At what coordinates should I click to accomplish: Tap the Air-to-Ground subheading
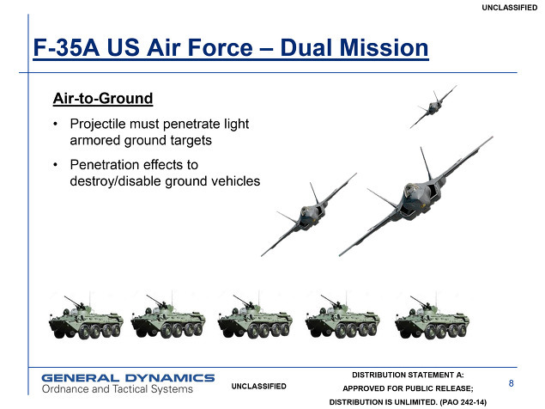(103, 99)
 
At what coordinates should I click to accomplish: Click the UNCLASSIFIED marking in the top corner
(510, 8)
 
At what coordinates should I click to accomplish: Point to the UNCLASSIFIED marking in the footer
(259, 386)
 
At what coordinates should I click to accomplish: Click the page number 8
(511, 383)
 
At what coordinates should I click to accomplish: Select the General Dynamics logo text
(128, 378)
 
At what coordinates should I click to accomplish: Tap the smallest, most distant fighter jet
(433, 107)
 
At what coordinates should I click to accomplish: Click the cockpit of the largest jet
(411, 191)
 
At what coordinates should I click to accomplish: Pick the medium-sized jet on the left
(308, 214)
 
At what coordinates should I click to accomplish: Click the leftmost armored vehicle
(86, 317)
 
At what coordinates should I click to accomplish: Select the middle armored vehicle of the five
(255, 317)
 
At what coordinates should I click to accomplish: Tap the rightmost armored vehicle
(432, 317)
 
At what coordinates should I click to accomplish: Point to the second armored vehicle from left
(168, 317)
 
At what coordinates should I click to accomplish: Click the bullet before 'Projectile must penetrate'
(55, 124)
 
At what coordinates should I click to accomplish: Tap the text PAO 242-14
(463, 402)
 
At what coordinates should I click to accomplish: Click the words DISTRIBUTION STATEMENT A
(408, 375)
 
